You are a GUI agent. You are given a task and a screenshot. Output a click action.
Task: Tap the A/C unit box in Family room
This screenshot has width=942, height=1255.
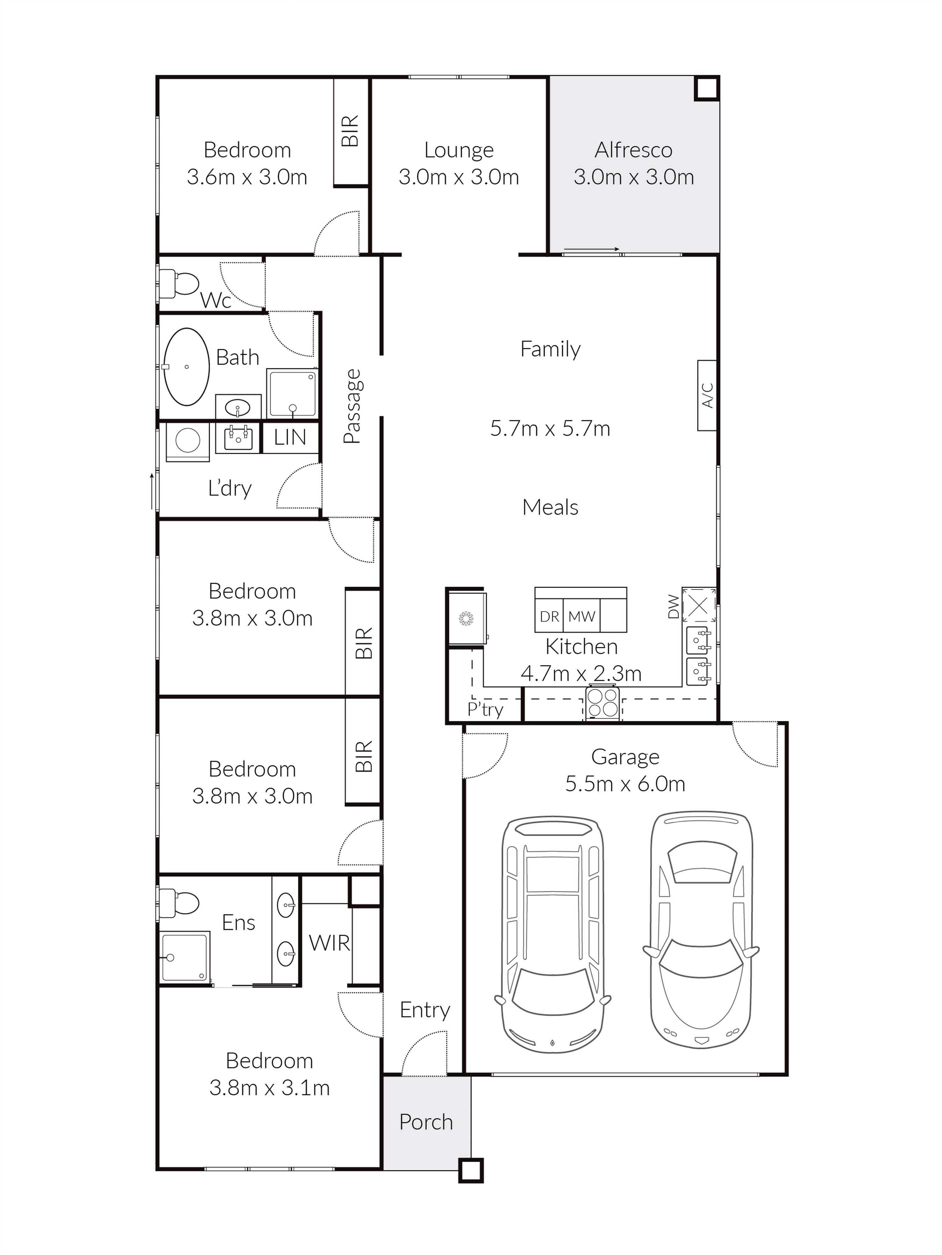pos(707,395)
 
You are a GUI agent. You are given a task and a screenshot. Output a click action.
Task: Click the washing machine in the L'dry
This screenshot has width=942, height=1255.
pos(188,441)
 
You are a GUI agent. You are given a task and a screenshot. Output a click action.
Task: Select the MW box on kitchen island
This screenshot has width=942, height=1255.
pos(582,616)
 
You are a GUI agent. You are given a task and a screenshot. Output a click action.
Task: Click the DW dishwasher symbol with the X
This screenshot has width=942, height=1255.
pos(698,605)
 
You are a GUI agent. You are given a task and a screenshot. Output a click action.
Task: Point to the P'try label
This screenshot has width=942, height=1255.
pos(485,709)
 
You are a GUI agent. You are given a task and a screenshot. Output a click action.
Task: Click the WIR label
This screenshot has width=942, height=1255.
pos(329,943)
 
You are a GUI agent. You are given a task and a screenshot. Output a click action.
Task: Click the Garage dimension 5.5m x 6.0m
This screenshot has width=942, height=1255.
pos(625,783)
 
